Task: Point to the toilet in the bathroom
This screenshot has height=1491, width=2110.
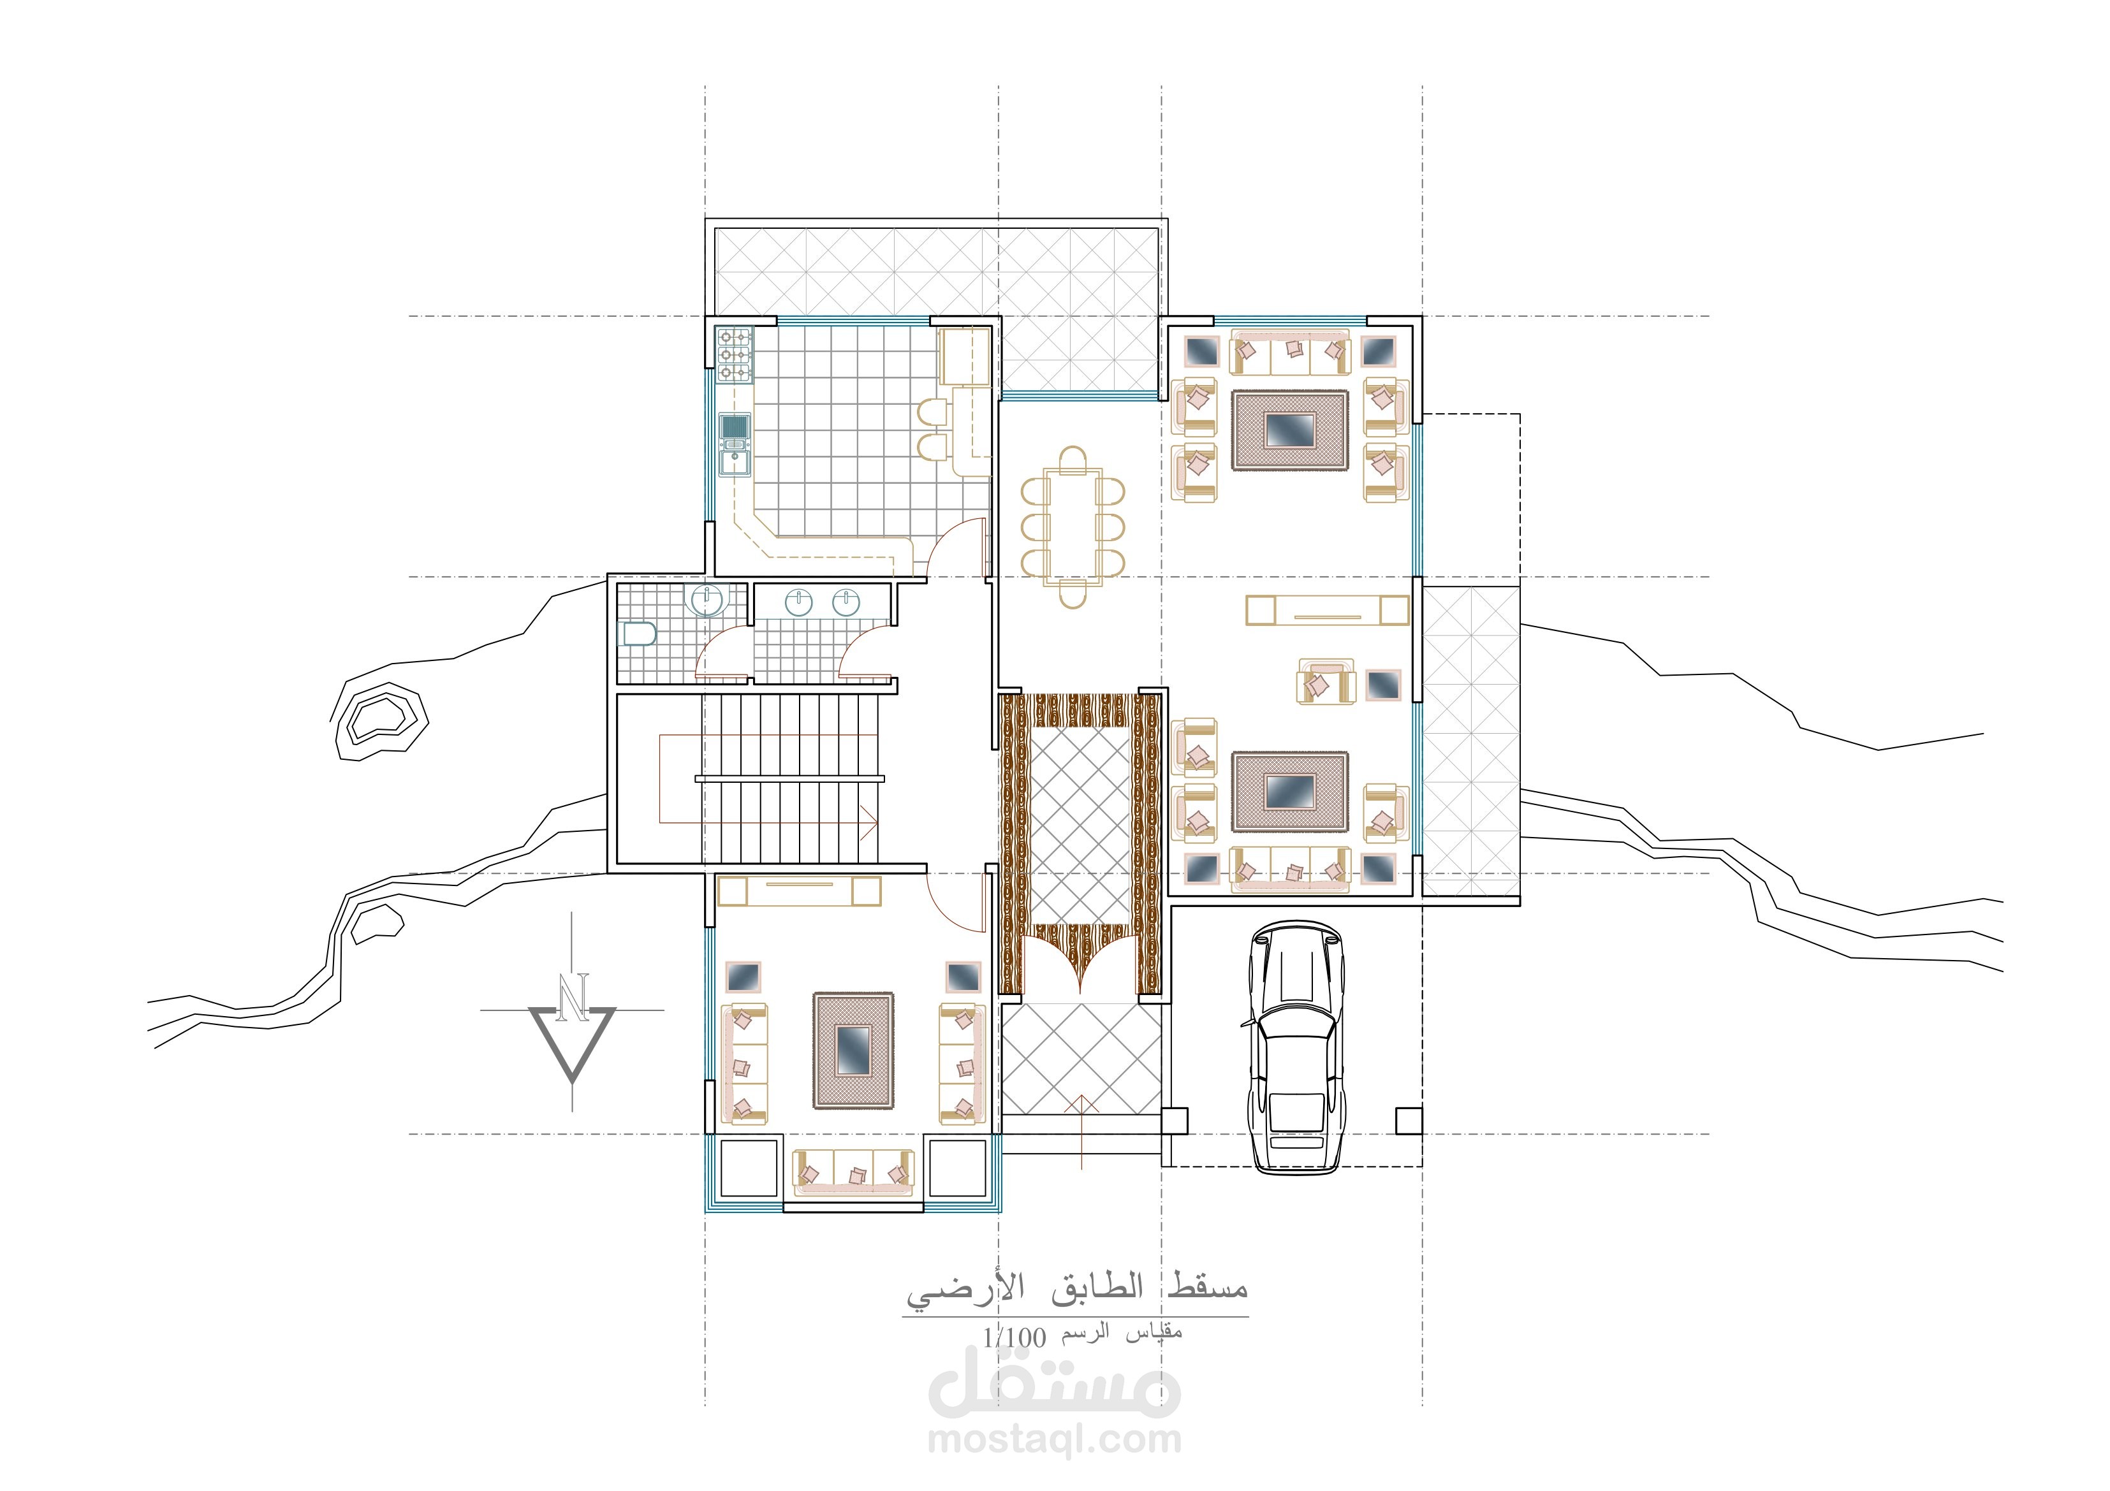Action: pos(640,634)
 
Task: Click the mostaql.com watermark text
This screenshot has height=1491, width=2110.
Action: pos(1054,1439)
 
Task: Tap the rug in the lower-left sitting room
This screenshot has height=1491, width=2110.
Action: pos(853,1049)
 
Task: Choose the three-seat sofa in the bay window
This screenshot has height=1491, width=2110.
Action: pos(854,1173)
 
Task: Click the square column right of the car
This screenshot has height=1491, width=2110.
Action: pos(1409,1121)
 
